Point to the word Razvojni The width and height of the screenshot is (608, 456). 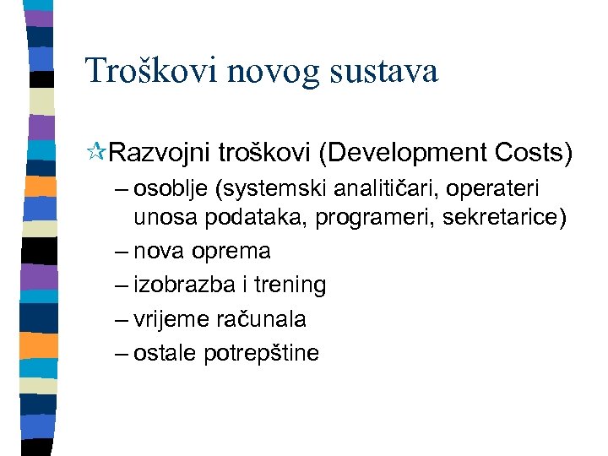[160, 154]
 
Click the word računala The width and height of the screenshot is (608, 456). [263, 320]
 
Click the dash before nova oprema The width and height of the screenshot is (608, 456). [120, 252]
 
